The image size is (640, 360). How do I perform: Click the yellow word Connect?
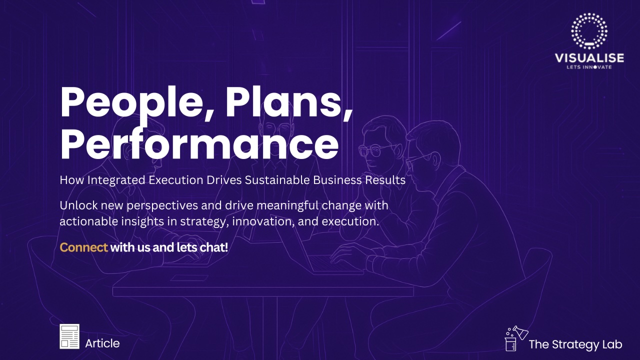coord(83,247)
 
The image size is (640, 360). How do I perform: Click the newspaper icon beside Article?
coord(69,336)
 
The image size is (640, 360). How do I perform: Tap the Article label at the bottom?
coord(102,343)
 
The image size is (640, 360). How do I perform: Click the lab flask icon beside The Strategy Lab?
coord(516,338)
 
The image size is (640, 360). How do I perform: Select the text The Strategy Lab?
coord(575,344)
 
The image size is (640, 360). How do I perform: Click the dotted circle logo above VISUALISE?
coord(589,30)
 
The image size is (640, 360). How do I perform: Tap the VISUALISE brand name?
coord(589,58)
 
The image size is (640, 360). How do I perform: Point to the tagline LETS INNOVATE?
coord(589,67)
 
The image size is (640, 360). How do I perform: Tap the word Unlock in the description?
coord(78,205)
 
